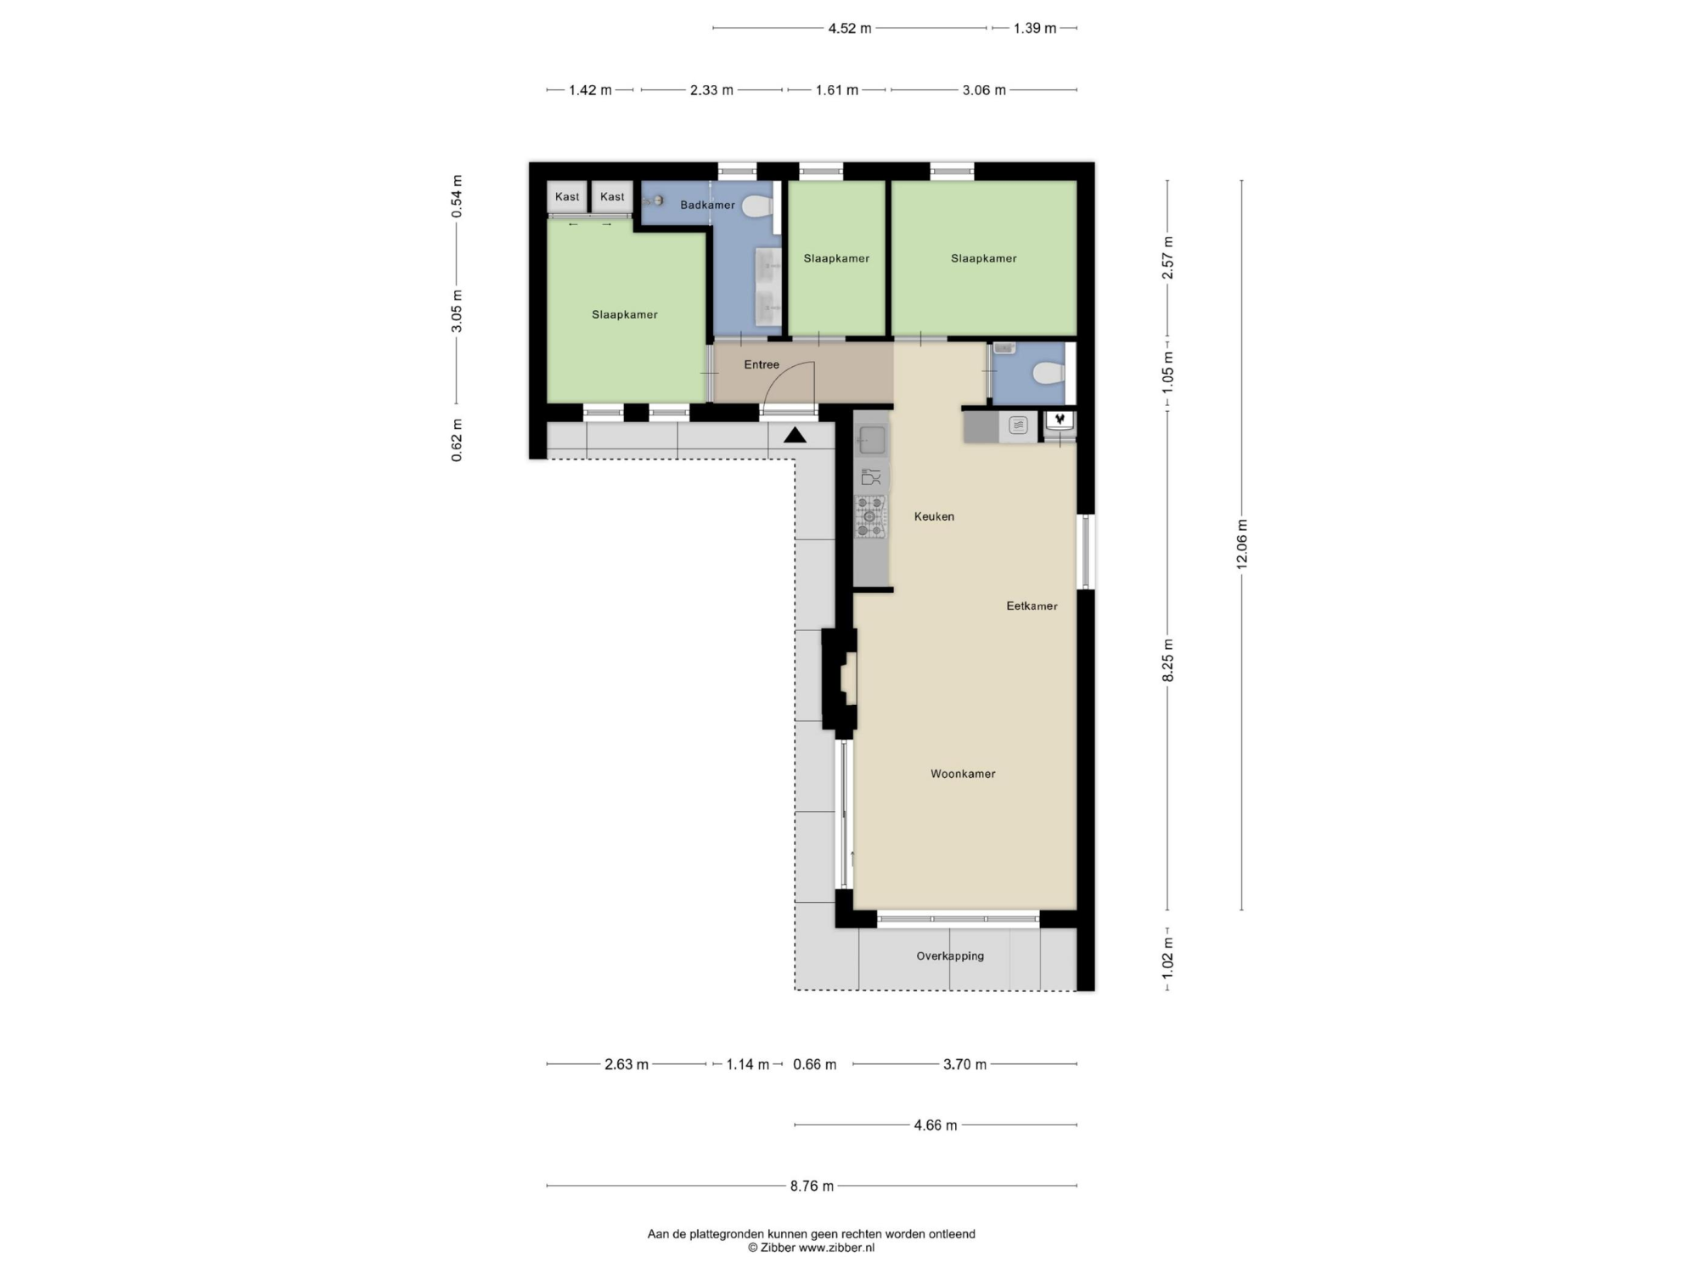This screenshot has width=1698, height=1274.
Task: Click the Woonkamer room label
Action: click(x=963, y=774)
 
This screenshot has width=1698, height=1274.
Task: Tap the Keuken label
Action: click(x=934, y=516)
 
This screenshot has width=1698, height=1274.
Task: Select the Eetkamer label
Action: click(x=1032, y=606)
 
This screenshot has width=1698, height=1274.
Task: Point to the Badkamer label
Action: click(x=707, y=205)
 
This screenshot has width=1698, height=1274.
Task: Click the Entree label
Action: click(x=762, y=364)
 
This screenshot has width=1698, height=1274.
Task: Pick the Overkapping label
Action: click(x=950, y=956)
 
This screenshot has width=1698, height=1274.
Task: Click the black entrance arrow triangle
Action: click(x=795, y=436)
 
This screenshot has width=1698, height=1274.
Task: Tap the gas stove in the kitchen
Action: click(x=870, y=516)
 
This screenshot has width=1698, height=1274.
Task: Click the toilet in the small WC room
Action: click(x=1049, y=373)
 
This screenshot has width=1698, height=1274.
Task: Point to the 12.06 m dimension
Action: click(x=1241, y=544)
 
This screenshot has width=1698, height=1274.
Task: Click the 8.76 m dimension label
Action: click(x=812, y=1186)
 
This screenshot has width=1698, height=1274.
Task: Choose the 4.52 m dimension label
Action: click(x=850, y=28)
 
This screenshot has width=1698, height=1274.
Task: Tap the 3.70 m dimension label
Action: click(x=964, y=1064)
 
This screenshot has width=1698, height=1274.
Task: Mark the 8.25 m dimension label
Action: click(x=1167, y=660)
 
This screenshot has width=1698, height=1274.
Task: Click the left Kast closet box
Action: click(x=567, y=197)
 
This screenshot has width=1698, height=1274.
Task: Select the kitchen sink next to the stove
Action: click(x=870, y=441)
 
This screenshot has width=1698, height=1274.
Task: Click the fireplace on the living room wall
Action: click(x=840, y=679)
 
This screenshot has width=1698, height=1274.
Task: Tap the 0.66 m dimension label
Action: click(x=814, y=1064)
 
